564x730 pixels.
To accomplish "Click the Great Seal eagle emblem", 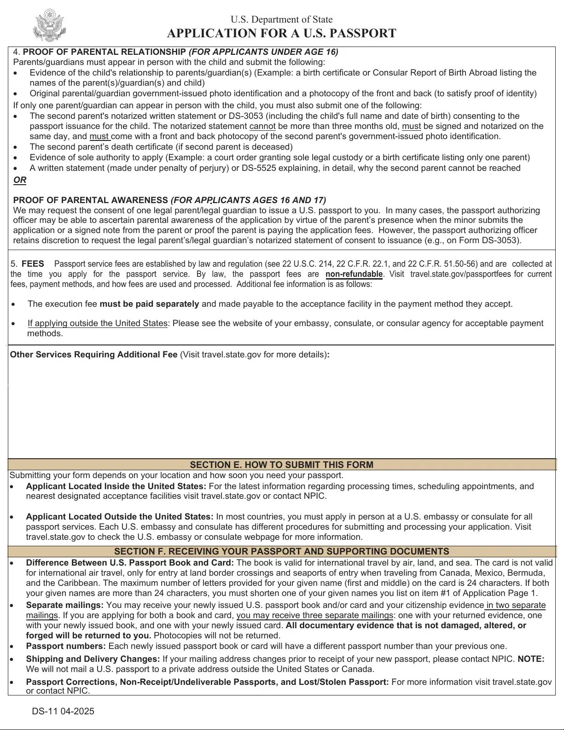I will [x=50, y=26].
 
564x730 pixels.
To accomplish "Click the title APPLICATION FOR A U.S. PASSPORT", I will [x=281, y=34].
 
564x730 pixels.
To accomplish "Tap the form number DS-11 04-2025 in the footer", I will [x=63, y=711].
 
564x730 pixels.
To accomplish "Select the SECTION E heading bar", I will [x=281, y=465].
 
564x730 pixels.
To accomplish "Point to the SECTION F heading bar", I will [x=281, y=551].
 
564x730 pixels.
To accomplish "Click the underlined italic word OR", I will [x=20, y=180].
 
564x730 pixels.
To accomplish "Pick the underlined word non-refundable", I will [x=354, y=274].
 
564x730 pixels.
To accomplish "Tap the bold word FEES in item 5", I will [x=33, y=264].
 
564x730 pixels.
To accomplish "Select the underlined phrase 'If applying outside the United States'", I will [x=97, y=323].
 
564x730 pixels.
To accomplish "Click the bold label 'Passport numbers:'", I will [x=66, y=646].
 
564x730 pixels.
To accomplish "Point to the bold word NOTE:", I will [x=531, y=659].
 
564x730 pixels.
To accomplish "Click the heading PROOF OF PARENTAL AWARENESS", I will [x=90, y=200].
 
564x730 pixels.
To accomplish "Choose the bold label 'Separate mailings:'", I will [x=64, y=605].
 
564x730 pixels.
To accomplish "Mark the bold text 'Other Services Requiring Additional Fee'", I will [x=93, y=355].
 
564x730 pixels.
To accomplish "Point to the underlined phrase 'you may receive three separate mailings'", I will [x=315, y=615].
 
